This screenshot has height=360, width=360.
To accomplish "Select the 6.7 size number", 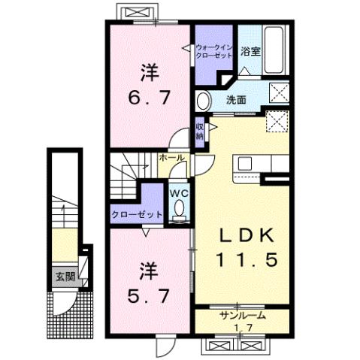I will (149, 97).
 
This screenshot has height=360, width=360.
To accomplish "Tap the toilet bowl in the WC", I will (178, 216).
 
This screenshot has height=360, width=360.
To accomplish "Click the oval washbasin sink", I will (204, 100).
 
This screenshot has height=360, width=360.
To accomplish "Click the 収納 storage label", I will (200, 132).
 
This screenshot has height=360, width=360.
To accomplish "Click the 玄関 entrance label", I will (62, 277).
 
